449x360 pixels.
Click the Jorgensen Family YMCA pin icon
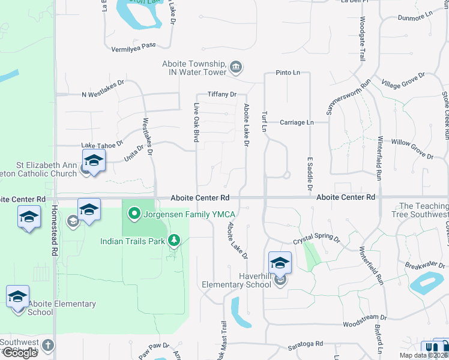134,214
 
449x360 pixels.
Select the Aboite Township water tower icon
236,67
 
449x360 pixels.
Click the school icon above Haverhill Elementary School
280,263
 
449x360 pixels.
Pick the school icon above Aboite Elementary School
18,296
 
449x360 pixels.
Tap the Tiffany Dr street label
222,94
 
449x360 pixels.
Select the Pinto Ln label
288,73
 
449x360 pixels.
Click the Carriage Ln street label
297,122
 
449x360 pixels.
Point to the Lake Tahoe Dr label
102,145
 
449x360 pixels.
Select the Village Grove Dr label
403,80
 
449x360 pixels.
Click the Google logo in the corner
19,353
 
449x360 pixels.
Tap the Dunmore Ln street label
415,16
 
